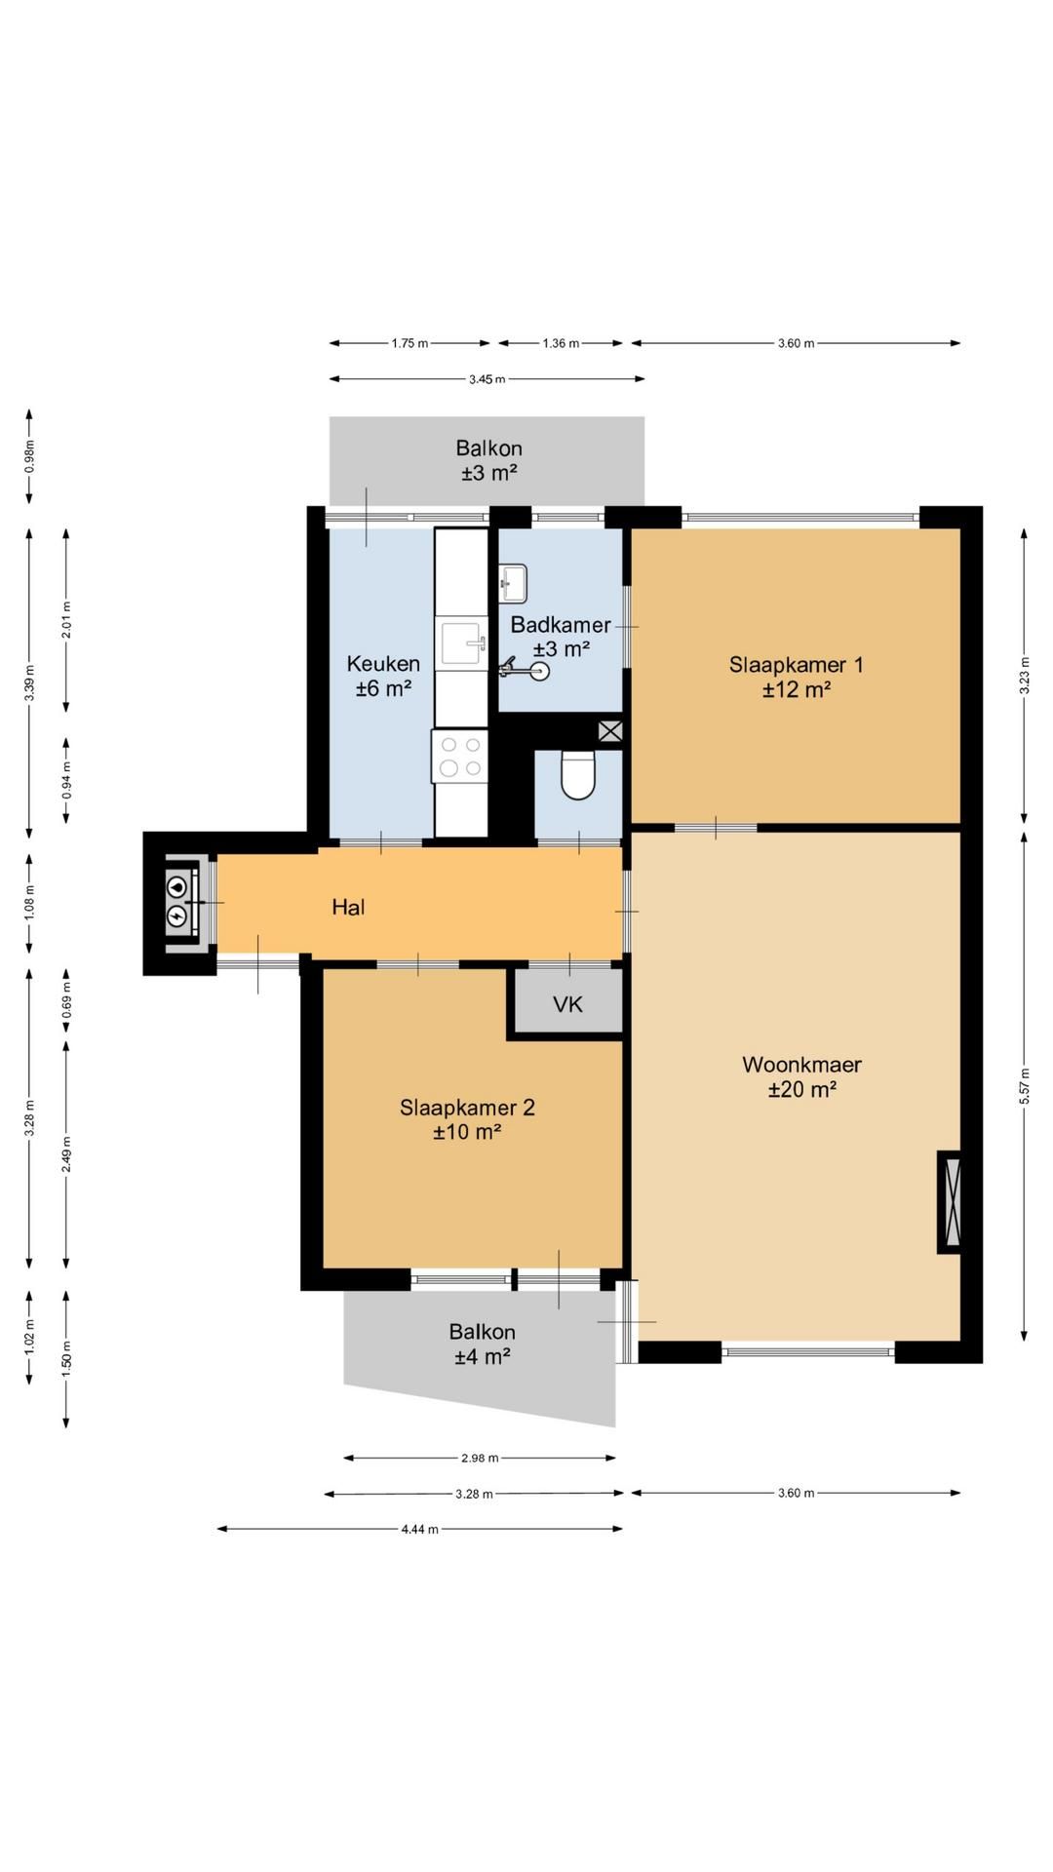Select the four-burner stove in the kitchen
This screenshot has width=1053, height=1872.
click(460, 756)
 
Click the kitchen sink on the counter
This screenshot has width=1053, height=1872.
click(462, 643)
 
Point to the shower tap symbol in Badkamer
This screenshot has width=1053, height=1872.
click(525, 669)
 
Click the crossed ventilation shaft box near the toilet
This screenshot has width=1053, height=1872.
click(610, 731)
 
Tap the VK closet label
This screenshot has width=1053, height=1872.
click(567, 1004)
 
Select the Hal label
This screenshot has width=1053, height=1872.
click(348, 908)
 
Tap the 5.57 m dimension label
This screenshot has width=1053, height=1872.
click(1024, 1086)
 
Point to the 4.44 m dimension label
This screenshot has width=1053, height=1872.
click(419, 1529)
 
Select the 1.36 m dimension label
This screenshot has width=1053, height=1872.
click(561, 343)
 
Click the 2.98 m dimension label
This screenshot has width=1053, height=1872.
click(480, 1459)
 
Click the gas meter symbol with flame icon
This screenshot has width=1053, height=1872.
click(176, 886)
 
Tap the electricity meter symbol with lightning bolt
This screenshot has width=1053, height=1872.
click(176, 916)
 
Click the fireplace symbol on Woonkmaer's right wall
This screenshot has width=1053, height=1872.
click(949, 1202)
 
